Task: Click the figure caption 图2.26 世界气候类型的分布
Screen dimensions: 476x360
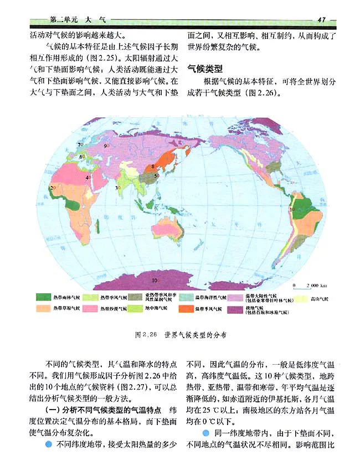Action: (181, 335)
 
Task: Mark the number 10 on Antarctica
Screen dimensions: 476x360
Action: (155, 280)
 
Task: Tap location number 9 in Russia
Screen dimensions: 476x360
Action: (105, 146)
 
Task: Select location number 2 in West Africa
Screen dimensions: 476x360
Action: (53, 188)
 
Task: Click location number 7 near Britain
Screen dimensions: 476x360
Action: (79, 144)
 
